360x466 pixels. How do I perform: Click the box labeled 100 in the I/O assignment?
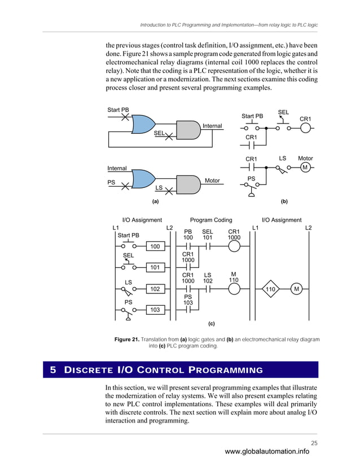pyautogui.click(x=155, y=247)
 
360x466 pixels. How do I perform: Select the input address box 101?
pyautogui.click(x=155, y=267)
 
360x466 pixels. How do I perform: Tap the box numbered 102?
pyautogui.click(x=155, y=289)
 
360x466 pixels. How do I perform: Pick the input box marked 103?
pyautogui.click(x=155, y=310)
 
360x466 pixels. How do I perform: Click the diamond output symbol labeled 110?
pyautogui.click(x=271, y=289)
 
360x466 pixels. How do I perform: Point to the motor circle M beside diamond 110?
pyautogui.click(x=296, y=289)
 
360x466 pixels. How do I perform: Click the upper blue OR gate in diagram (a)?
pyautogui.click(x=143, y=125)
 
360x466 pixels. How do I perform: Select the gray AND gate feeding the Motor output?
pyautogui.click(x=190, y=183)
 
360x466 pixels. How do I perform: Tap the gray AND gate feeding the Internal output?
pyautogui.click(x=189, y=130)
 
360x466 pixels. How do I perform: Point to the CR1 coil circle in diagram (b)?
pyautogui.click(x=305, y=128)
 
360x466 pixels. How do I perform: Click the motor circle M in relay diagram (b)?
pyautogui.click(x=305, y=168)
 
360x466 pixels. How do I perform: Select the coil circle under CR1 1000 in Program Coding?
pyautogui.click(x=234, y=247)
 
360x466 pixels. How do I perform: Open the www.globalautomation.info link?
pyautogui.click(x=267, y=451)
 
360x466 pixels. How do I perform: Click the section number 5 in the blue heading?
pyautogui.click(x=53, y=370)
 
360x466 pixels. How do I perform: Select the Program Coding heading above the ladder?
pyautogui.click(x=211, y=220)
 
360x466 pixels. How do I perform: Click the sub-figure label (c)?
pyautogui.click(x=212, y=324)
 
